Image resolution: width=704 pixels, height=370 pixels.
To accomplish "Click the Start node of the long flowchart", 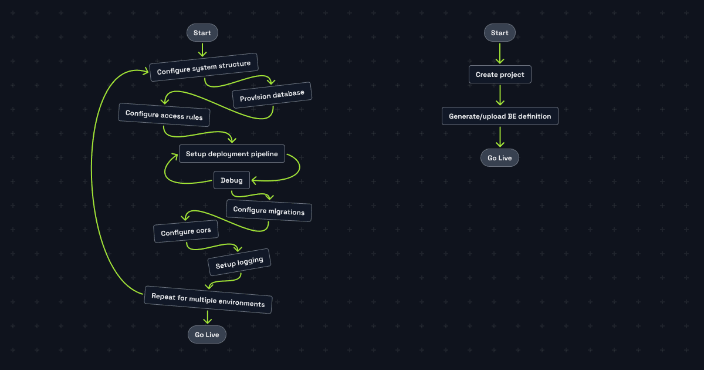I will tap(202, 33).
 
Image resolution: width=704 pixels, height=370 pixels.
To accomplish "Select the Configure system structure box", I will tap(204, 68).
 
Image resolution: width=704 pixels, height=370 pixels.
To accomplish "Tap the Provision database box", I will tap(272, 96).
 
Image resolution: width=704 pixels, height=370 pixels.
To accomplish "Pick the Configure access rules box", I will tap(164, 115).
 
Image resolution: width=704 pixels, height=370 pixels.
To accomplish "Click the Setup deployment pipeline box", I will tap(232, 154).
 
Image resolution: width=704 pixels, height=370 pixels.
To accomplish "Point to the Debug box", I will tap(232, 180).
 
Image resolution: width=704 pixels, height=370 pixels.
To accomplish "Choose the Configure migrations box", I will tap(269, 210).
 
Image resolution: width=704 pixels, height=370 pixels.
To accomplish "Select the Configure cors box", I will tap(185, 231).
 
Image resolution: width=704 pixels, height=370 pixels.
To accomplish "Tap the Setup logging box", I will tap(239, 263).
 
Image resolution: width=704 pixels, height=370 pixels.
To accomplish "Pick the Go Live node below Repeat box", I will tap(207, 335).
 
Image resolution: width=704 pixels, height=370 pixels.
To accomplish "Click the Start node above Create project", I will tap(500, 33).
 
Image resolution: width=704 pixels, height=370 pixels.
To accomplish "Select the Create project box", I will tap(500, 75).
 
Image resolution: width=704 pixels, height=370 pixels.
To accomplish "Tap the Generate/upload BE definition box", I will tap(500, 116).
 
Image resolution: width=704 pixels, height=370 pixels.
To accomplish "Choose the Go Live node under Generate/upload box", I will tap(500, 158).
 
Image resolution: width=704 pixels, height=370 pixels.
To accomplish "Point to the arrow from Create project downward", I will tap(500, 95).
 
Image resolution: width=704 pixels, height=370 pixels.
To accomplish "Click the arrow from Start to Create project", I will tap(500, 53).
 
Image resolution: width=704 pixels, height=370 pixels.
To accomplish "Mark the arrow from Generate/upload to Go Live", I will tap(500, 137).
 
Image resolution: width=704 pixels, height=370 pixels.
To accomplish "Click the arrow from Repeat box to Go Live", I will tap(207, 318).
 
